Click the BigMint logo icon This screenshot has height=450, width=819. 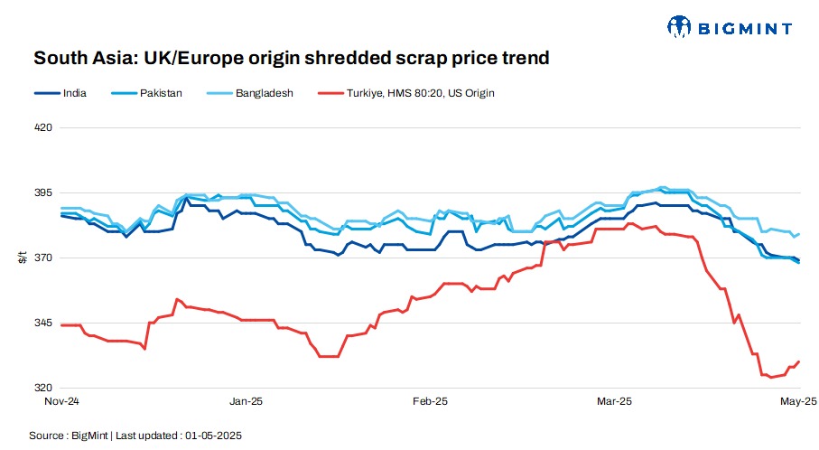click(x=679, y=27)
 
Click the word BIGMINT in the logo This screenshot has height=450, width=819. click(x=746, y=29)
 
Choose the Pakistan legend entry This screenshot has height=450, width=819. click(x=157, y=93)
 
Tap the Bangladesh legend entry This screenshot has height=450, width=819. click(x=261, y=93)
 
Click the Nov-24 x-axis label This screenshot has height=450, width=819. click(x=63, y=400)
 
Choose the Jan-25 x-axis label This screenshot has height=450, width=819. click(x=246, y=400)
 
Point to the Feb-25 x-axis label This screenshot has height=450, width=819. click(x=430, y=400)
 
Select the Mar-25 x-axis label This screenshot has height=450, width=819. click(x=613, y=400)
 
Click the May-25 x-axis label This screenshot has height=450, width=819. click(x=798, y=400)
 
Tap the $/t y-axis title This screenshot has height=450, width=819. click(x=22, y=258)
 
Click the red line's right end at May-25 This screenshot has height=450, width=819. click(x=799, y=361)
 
